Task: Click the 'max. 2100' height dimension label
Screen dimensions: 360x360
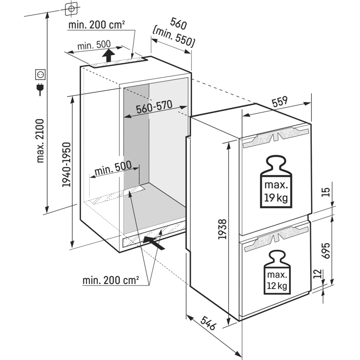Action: click(x=40, y=140)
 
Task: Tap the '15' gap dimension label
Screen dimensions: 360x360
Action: click(x=327, y=192)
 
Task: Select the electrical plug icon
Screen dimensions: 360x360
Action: click(x=40, y=89)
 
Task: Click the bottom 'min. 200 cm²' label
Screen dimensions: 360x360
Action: click(x=111, y=280)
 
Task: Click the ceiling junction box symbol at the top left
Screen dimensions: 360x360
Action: click(x=72, y=9)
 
